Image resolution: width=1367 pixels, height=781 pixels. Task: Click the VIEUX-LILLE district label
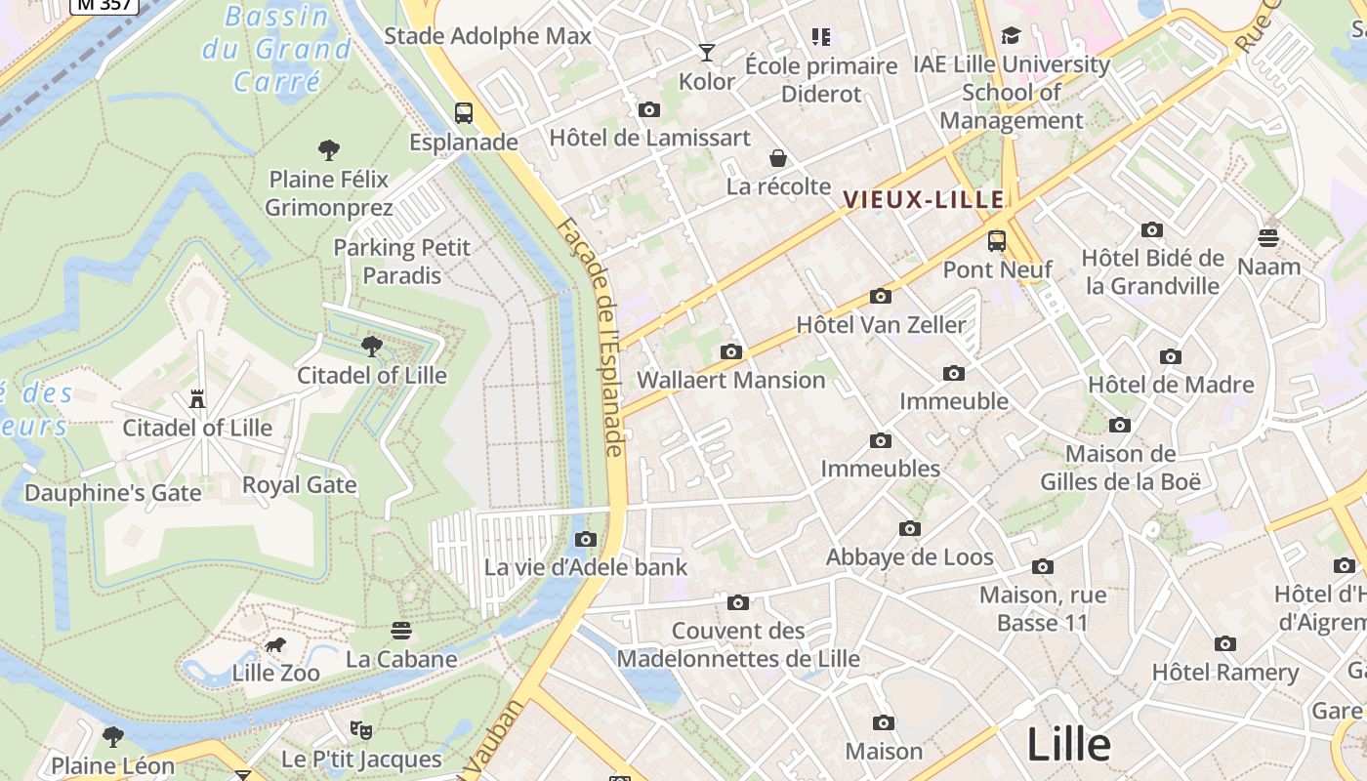coord(923,200)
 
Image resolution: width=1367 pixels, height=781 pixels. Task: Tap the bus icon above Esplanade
coord(464,113)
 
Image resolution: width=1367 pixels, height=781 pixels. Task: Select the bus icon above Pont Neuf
coord(997,240)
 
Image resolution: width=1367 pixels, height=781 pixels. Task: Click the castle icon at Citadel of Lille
coord(197,398)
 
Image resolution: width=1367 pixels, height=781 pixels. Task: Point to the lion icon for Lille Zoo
coord(275,644)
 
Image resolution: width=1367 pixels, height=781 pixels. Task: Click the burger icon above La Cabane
coord(400,631)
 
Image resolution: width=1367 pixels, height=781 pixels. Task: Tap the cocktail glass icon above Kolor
coord(707,53)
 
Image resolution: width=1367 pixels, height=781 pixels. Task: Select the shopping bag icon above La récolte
coord(778,158)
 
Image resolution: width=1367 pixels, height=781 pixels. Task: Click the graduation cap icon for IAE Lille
coord(1011,36)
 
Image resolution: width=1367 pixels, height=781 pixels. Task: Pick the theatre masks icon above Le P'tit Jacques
coord(361,729)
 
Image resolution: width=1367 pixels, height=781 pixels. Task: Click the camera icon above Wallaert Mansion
coord(730,351)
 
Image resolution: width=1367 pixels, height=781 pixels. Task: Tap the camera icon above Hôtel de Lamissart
coord(648,109)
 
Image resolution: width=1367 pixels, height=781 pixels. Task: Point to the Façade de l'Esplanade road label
coord(592,337)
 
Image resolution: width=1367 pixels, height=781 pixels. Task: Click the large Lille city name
coord(1068,745)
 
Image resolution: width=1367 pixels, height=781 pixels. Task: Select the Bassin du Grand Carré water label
coord(275,48)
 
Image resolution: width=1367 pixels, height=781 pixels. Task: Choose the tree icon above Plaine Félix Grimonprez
coord(329,150)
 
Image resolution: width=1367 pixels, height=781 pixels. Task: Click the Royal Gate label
coord(299,485)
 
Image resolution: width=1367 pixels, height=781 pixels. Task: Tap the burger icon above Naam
coord(1268,237)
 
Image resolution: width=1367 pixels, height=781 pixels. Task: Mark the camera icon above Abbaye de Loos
coord(910,529)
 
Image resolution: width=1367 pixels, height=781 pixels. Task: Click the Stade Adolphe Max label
coord(487,37)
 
